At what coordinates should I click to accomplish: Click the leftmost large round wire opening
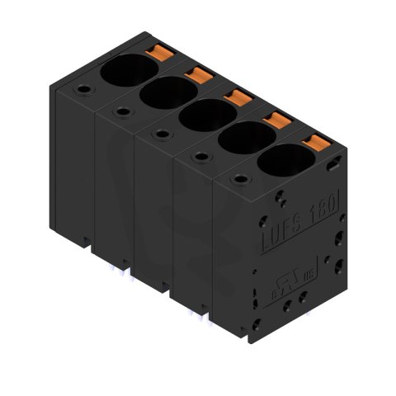(x=124, y=70)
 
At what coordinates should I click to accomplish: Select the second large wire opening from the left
(x=163, y=93)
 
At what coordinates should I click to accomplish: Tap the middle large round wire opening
(x=200, y=115)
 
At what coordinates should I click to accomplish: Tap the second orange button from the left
(x=198, y=76)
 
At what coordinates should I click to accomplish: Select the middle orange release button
(x=237, y=98)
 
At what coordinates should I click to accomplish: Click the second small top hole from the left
(x=122, y=110)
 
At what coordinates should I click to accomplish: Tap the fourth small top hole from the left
(x=199, y=155)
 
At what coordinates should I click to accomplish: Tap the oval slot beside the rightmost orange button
(x=332, y=166)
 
